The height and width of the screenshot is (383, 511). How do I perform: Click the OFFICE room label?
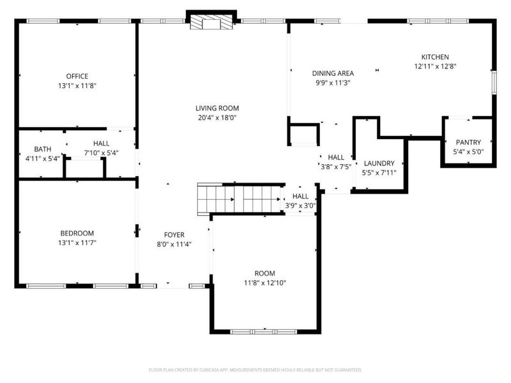pos(77,76)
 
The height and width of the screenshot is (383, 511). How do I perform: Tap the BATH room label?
pos(43,149)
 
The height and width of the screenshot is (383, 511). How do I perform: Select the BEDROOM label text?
pos(77,233)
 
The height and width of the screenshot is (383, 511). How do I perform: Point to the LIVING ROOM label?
pos(217,108)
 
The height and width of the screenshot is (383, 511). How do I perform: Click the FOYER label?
pos(174,235)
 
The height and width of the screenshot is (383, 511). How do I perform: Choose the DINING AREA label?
pos(333,73)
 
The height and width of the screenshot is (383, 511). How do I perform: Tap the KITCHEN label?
pos(435,57)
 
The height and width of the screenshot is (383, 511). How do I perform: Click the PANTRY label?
pos(468,142)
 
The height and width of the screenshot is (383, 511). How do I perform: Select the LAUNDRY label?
pos(379,163)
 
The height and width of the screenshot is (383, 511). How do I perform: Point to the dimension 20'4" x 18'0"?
pos(217,117)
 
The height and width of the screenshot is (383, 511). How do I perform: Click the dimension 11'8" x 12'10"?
pos(264,283)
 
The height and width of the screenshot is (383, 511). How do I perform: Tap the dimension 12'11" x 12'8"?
pos(435,66)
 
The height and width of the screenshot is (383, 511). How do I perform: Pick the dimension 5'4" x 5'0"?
pos(468,152)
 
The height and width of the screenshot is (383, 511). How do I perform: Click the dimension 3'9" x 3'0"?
pos(300,206)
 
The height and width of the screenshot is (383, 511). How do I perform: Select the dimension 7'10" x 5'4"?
pos(101,153)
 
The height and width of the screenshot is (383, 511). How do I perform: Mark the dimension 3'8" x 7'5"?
pos(336,167)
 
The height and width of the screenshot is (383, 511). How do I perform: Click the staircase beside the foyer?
pos(241,199)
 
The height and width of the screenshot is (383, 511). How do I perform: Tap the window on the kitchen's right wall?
pos(494,82)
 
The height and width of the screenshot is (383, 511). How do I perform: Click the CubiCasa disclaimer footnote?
pos(255,370)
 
